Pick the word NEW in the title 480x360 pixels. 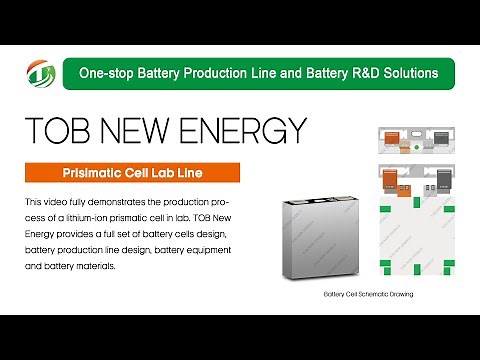point(149,130)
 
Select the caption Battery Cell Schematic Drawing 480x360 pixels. point(369,295)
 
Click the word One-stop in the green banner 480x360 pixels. point(106,73)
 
